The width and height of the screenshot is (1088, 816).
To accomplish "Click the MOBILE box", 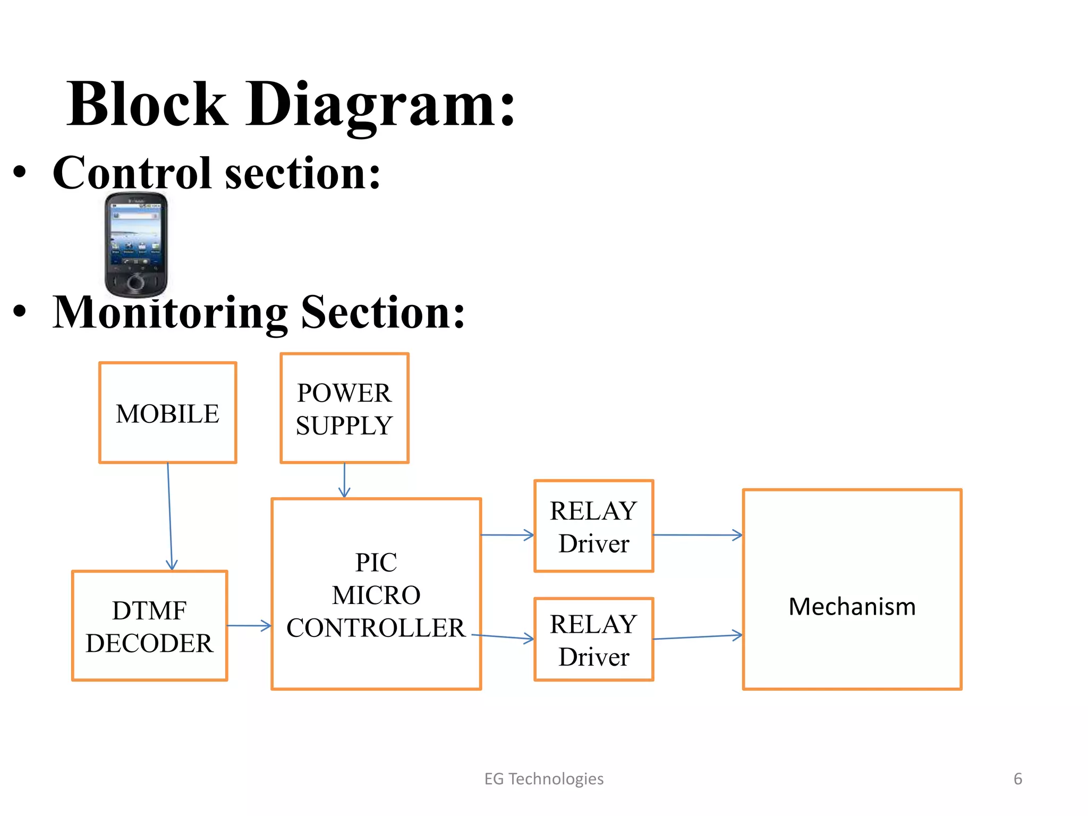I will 167,413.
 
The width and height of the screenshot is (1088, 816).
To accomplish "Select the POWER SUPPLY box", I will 344,408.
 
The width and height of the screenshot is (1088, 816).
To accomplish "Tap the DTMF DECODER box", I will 149,626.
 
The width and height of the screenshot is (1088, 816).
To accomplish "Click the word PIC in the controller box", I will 376,562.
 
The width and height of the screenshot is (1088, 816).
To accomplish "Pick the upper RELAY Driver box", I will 593,526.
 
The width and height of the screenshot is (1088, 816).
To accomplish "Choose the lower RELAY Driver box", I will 593,639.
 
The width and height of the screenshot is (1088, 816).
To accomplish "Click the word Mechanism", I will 852,606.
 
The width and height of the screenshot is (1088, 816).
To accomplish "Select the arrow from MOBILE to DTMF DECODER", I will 169,515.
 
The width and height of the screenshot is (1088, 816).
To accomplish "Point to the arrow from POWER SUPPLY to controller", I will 344,480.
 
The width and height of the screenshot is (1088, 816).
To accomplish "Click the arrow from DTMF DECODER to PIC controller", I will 249,626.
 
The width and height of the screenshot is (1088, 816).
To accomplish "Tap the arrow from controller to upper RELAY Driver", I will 507,535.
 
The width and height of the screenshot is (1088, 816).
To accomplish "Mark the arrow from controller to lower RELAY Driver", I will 503,636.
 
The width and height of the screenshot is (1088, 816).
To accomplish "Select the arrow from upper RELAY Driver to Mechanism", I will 697,535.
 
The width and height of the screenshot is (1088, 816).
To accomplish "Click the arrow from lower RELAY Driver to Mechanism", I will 697,636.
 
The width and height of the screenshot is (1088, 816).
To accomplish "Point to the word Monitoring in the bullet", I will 170,312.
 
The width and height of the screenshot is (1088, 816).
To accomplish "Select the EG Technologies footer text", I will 543,779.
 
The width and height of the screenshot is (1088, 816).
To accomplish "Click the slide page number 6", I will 1017,779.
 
